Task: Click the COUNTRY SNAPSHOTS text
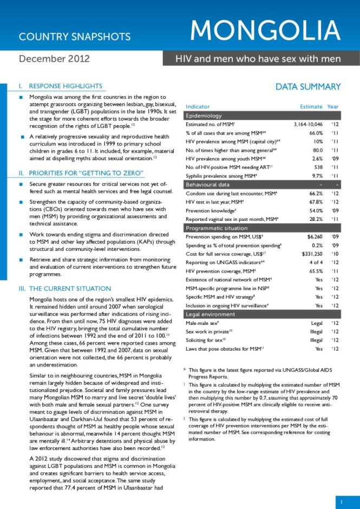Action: click(x=75, y=37)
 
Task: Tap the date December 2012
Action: click(x=54, y=58)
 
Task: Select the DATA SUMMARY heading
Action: click(x=308, y=87)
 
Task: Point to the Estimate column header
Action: click(x=311, y=107)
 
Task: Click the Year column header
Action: click(x=333, y=107)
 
